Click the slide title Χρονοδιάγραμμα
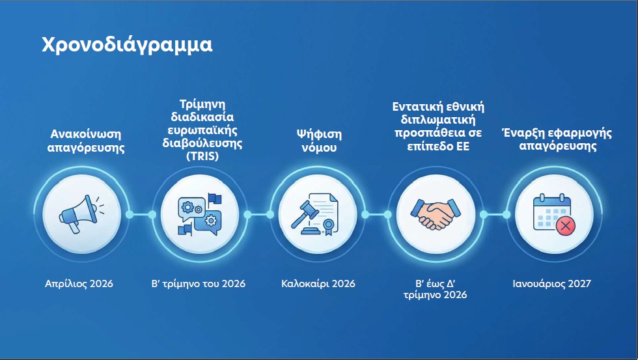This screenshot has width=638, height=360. [x=127, y=45]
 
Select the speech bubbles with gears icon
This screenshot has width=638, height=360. [x=199, y=214]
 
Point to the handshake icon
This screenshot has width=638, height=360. [x=436, y=214]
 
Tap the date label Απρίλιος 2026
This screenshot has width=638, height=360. [x=79, y=284]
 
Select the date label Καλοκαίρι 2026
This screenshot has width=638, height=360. [x=318, y=284]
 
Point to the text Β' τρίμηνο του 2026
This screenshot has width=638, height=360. [x=198, y=284]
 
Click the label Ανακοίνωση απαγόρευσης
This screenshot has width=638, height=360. [x=87, y=141]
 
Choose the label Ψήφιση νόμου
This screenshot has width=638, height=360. [x=318, y=141]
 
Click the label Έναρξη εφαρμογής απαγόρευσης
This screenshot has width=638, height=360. [x=557, y=139]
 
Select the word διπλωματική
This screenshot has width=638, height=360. [x=438, y=120]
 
